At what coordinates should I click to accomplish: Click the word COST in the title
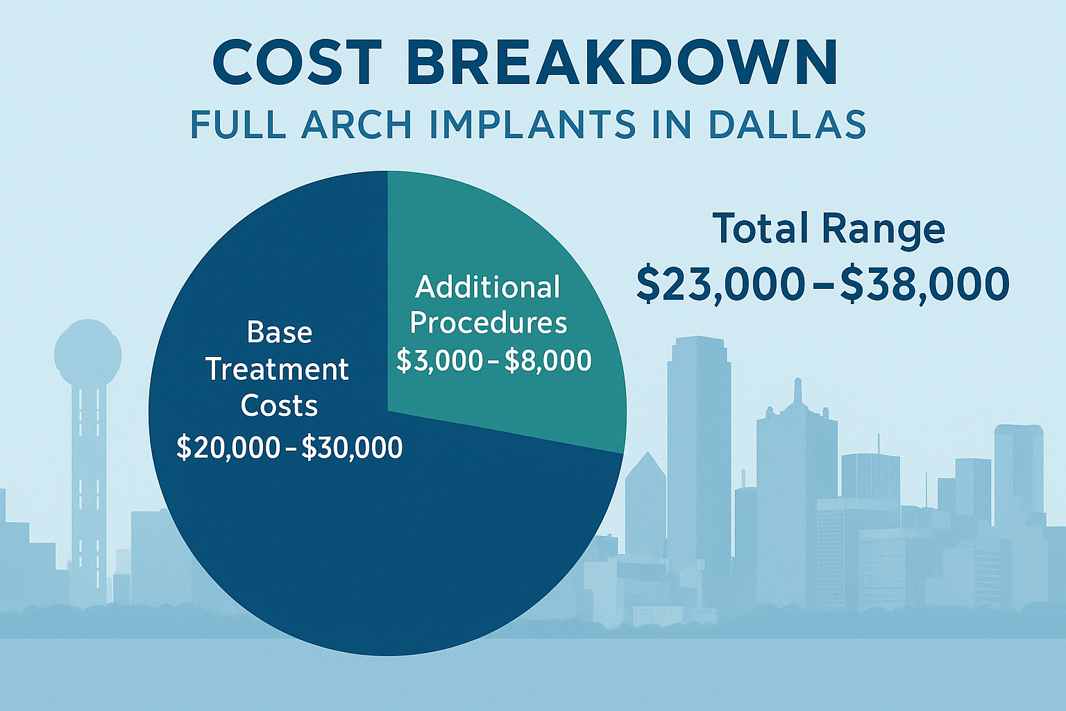(298, 62)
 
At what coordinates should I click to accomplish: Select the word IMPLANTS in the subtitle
(532, 125)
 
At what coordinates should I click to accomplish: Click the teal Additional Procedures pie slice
(527, 229)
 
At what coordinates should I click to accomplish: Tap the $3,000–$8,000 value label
(493, 360)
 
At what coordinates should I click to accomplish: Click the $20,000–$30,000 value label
(289, 448)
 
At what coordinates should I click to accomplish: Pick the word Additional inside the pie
(487, 287)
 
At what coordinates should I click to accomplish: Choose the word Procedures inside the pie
(489, 324)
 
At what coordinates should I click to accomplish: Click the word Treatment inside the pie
(277, 369)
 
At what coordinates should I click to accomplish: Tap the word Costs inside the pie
(279, 406)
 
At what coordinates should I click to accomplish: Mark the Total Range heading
(829, 228)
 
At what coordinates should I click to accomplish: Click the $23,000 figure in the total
(720, 284)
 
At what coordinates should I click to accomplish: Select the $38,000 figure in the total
(925, 284)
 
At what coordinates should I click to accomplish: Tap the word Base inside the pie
(279, 333)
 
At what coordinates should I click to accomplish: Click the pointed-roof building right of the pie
(645, 500)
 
